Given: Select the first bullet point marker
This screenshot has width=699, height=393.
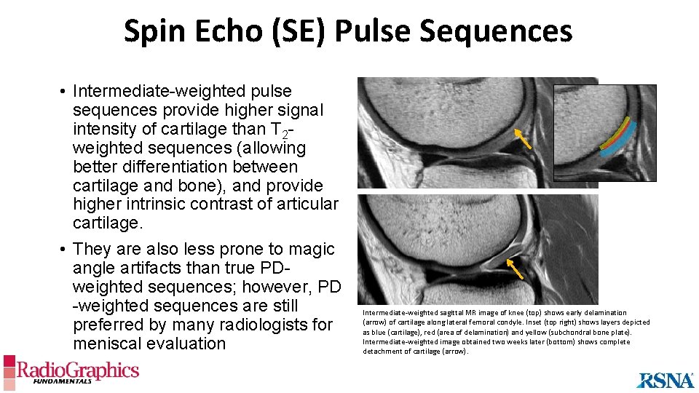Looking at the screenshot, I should [x=65, y=92].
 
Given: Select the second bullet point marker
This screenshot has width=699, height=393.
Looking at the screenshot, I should [x=65, y=250].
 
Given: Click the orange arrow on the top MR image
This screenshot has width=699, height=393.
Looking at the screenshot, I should [x=521, y=138].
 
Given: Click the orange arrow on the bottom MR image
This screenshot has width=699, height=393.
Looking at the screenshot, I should [x=514, y=269].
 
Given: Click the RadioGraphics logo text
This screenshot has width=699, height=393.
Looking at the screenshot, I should [x=78, y=370].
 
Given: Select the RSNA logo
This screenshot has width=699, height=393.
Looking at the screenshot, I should [x=666, y=380].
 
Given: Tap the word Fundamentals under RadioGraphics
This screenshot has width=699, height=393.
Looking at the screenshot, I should [x=66, y=381].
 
